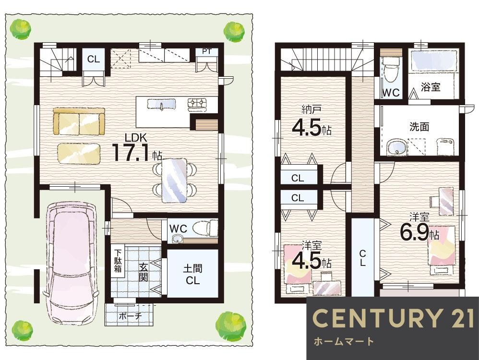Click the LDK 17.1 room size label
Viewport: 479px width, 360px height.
(x=137, y=148)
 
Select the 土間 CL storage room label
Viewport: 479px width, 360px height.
(x=192, y=275)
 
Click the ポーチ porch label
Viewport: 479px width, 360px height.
(x=130, y=316)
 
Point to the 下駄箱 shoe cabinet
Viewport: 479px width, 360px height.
(x=118, y=261)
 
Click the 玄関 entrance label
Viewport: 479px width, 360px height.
(x=144, y=272)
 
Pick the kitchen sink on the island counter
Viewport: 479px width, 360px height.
(x=162, y=104)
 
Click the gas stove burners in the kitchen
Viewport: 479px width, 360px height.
(x=197, y=103)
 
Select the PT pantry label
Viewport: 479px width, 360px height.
(x=206, y=51)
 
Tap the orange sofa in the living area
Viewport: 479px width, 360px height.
(x=79, y=121)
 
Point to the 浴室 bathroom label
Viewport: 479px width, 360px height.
(x=431, y=87)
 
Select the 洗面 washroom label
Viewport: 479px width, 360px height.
(x=419, y=127)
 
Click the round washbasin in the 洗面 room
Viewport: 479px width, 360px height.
(x=397, y=147)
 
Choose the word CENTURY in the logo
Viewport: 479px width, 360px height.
(x=377, y=318)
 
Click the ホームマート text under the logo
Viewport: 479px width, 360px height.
(x=343, y=341)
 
